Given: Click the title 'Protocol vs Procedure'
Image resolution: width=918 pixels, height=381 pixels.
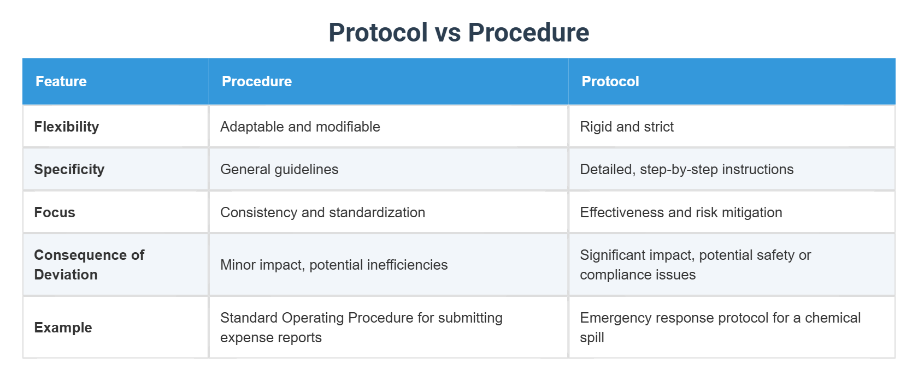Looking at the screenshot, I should (x=458, y=33).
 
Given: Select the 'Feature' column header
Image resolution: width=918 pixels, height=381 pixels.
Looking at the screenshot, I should (x=61, y=81).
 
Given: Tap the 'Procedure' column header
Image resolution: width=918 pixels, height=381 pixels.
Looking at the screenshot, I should (x=257, y=81).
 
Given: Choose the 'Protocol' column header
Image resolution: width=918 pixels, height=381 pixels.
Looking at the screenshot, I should (x=610, y=81).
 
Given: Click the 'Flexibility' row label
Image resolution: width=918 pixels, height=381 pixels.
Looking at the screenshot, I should (x=67, y=127).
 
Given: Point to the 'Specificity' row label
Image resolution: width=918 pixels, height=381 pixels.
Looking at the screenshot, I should (x=69, y=169).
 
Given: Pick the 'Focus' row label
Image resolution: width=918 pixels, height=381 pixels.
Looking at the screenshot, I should (x=55, y=212).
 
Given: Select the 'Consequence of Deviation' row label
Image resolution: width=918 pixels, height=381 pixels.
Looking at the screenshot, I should (x=89, y=265).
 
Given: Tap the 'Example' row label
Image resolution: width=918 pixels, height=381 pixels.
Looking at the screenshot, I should (x=63, y=328).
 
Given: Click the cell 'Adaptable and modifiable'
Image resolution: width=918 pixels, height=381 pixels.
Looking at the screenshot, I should (x=300, y=127).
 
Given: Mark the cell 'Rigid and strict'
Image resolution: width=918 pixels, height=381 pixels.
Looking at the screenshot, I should (x=627, y=127).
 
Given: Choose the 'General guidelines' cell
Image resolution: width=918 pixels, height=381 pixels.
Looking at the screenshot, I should (x=279, y=169).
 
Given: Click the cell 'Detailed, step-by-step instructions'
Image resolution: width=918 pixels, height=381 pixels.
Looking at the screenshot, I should (x=686, y=169).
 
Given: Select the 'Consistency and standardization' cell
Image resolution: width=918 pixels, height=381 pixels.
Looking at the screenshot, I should (x=322, y=212).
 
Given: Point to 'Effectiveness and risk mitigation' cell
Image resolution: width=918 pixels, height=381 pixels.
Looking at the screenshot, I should (x=681, y=212).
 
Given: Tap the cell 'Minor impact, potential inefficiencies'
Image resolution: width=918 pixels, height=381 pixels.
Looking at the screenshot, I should (x=334, y=265).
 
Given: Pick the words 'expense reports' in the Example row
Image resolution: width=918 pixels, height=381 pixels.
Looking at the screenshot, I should (x=271, y=337).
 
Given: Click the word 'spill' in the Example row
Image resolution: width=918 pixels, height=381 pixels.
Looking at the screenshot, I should (x=592, y=337).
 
